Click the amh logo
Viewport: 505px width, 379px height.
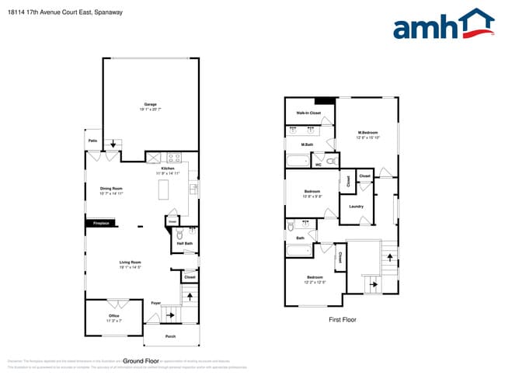(x=444, y=25)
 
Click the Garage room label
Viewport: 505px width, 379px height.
(x=150, y=104)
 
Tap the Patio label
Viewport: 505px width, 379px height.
(x=92, y=141)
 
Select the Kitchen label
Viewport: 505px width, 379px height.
(x=169, y=169)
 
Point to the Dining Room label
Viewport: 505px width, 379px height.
(x=111, y=188)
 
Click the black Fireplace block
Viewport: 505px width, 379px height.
(x=100, y=224)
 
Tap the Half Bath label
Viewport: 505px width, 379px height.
(x=185, y=244)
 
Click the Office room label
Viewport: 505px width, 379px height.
(x=113, y=315)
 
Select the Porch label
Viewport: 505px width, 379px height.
(x=170, y=336)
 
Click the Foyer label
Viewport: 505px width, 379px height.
(x=156, y=303)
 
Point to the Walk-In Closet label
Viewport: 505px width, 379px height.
(x=308, y=113)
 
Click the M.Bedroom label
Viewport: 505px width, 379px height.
(x=367, y=133)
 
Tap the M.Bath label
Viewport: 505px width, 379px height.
(x=308, y=144)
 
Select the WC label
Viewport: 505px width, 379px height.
(x=318, y=164)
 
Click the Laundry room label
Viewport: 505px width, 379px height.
(x=356, y=206)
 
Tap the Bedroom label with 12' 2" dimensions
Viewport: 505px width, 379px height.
(x=314, y=277)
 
